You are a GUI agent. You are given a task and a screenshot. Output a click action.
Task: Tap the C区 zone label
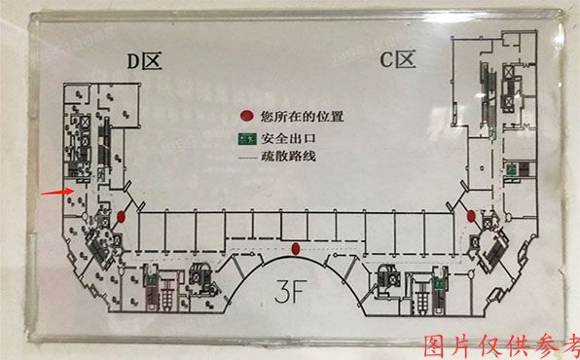(x=397, y=61)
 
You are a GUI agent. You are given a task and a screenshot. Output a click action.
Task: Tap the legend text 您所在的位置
(x=303, y=117)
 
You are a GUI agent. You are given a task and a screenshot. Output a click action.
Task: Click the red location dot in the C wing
(x=471, y=215)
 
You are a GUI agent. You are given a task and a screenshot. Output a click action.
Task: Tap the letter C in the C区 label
(x=386, y=61)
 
